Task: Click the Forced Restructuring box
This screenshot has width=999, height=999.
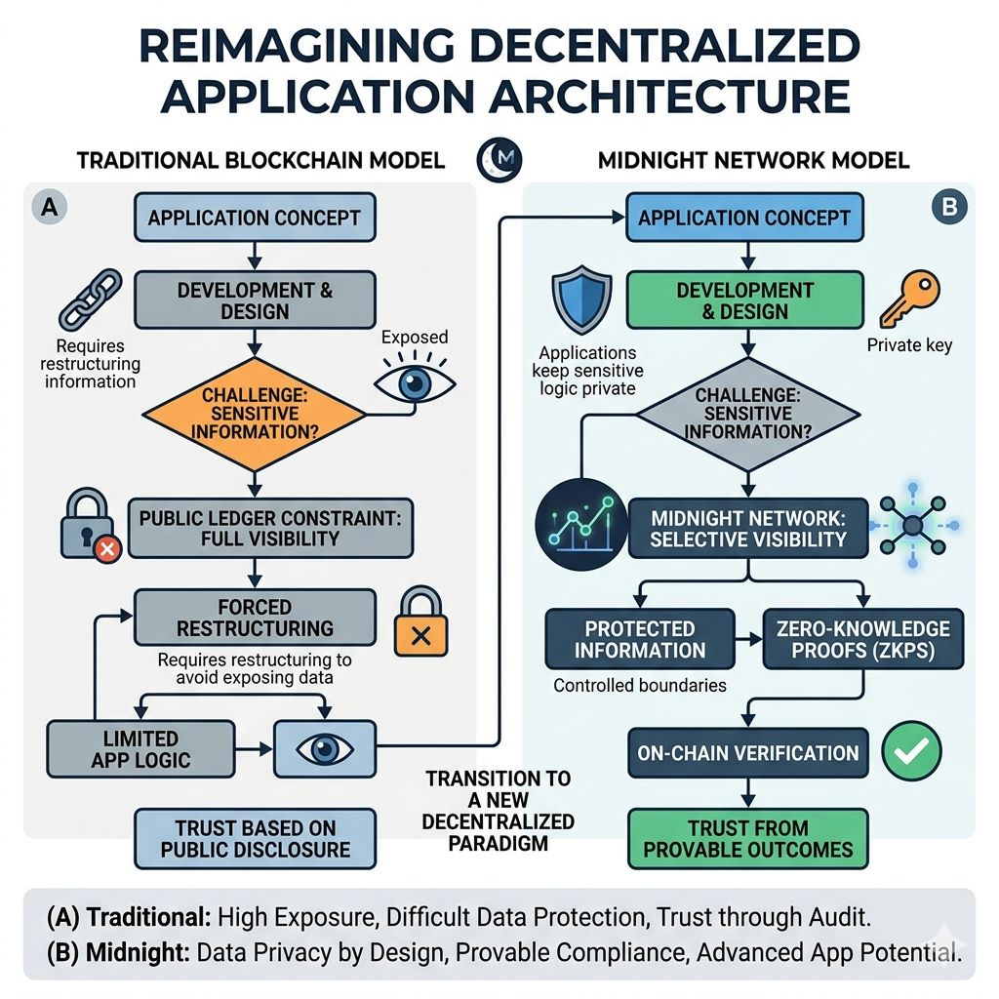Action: pyautogui.click(x=254, y=617)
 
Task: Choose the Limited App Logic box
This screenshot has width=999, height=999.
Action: pyautogui.click(x=140, y=748)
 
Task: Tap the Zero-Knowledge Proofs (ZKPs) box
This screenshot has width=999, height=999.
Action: pyautogui.click(x=862, y=639)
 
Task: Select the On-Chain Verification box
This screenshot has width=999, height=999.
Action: pyautogui.click(x=747, y=752)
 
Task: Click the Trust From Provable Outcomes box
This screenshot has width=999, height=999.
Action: pyautogui.click(x=747, y=838)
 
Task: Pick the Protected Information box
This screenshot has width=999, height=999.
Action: pyautogui.click(x=639, y=639)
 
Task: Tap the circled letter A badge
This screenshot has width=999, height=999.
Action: pyautogui.click(x=48, y=206)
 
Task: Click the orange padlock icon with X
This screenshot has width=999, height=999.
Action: pyautogui.click(x=421, y=623)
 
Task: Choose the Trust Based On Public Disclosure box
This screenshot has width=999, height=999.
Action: pyautogui.click(x=254, y=838)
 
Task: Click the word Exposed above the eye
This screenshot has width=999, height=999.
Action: pyautogui.click(x=415, y=338)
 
